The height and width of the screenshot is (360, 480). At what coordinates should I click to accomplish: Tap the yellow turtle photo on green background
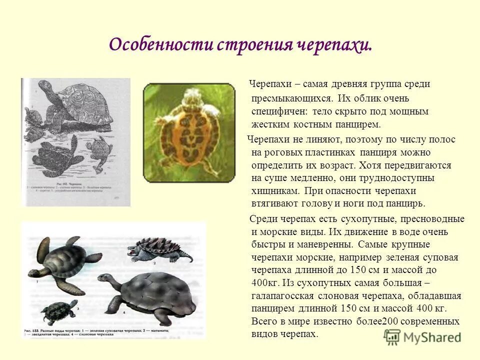189,132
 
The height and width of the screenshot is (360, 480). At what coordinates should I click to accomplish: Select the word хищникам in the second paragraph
275,191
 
